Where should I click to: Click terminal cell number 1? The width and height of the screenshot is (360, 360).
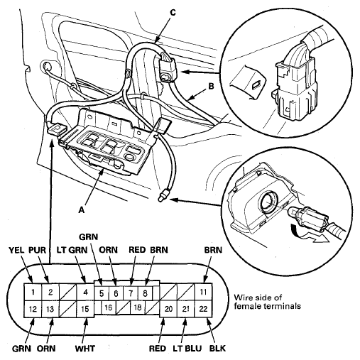point(33,292)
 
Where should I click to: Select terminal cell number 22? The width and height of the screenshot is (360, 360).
point(203,309)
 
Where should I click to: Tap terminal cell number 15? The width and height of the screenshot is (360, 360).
point(85,309)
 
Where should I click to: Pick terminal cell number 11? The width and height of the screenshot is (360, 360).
point(203,292)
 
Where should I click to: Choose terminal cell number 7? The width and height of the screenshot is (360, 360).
point(131,293)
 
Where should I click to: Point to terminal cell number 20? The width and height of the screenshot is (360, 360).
point(168,309)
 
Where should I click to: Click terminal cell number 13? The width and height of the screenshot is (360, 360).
point(50,309)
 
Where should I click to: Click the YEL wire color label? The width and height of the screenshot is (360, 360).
point(16,250)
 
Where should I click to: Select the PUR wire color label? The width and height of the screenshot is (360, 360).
point(37,250)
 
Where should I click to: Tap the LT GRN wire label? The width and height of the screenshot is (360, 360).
point(72,250)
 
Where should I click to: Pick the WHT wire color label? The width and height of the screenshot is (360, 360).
point(85,349)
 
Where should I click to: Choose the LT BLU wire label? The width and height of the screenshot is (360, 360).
point(187,349)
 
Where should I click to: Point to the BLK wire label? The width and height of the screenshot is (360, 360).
point(217,349)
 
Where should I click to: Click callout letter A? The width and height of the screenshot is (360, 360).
point(82,209)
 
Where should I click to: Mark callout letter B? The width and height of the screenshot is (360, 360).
point(211,87)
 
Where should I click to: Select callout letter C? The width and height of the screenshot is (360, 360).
point(173,12)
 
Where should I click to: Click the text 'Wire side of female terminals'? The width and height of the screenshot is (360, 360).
point(267,302)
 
